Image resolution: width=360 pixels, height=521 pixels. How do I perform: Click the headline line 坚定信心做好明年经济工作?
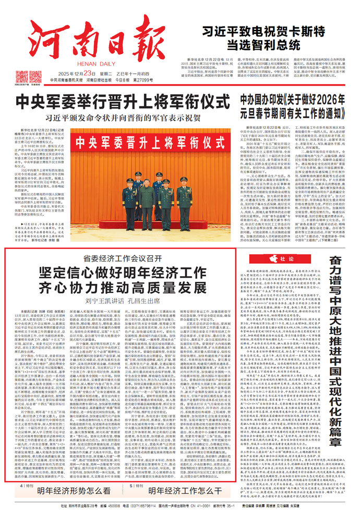(113, 272)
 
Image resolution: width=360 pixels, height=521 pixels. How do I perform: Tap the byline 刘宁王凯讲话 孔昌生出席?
(113, 300)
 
